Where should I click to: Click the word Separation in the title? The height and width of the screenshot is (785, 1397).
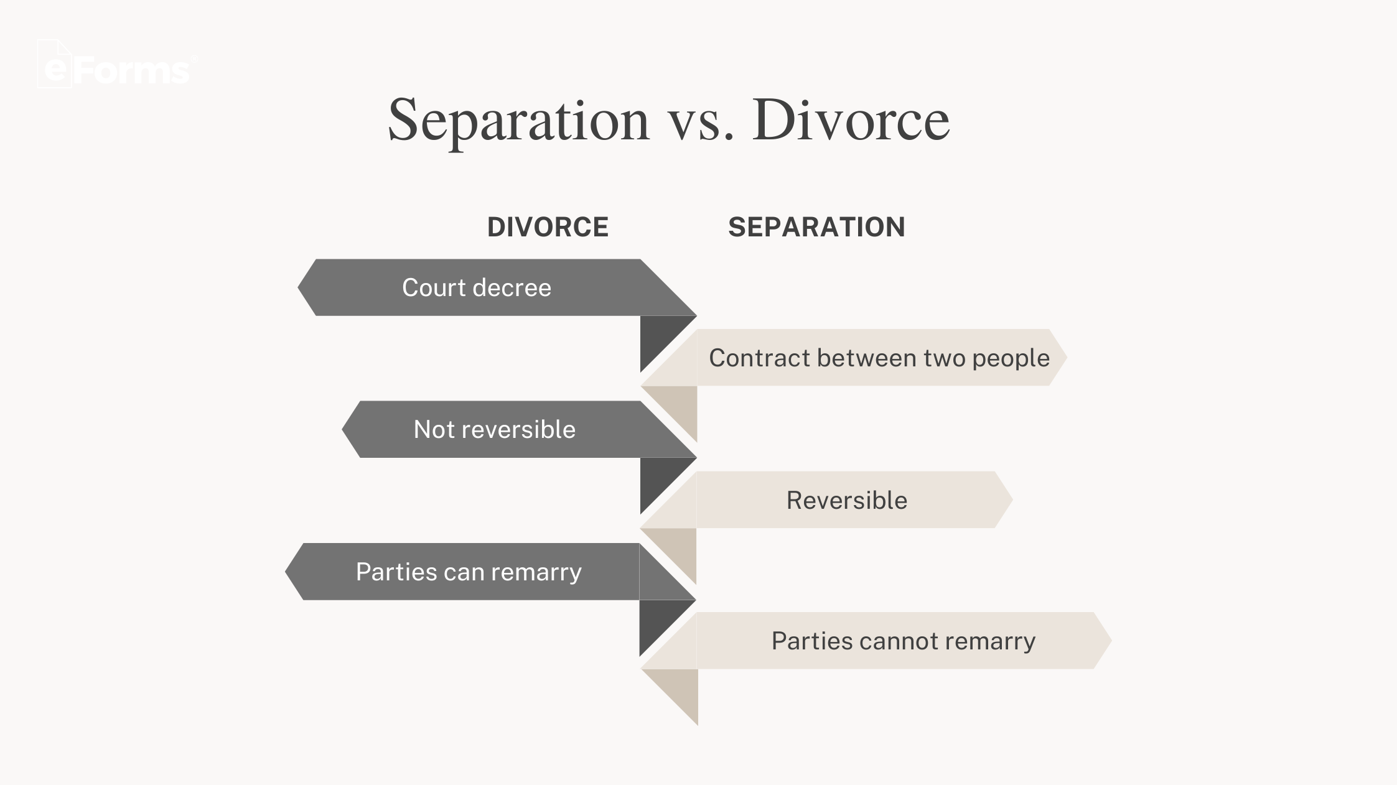tap(518, 121)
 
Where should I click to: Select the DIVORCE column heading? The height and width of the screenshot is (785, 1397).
tap(548, 227)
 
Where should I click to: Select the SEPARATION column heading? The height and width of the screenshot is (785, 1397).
tap(816, 227)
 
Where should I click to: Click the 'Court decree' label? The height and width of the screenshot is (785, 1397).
tap(477, 287)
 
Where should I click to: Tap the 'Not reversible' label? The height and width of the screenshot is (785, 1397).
tap(495, 429)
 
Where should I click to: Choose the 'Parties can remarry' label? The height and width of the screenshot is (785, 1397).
tap(469, 572)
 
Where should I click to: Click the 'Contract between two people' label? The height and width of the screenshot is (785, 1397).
tap(879, 358)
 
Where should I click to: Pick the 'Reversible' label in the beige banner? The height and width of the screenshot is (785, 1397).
tap(847, 500)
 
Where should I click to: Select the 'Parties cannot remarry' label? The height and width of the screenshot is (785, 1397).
tap(904, 641)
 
